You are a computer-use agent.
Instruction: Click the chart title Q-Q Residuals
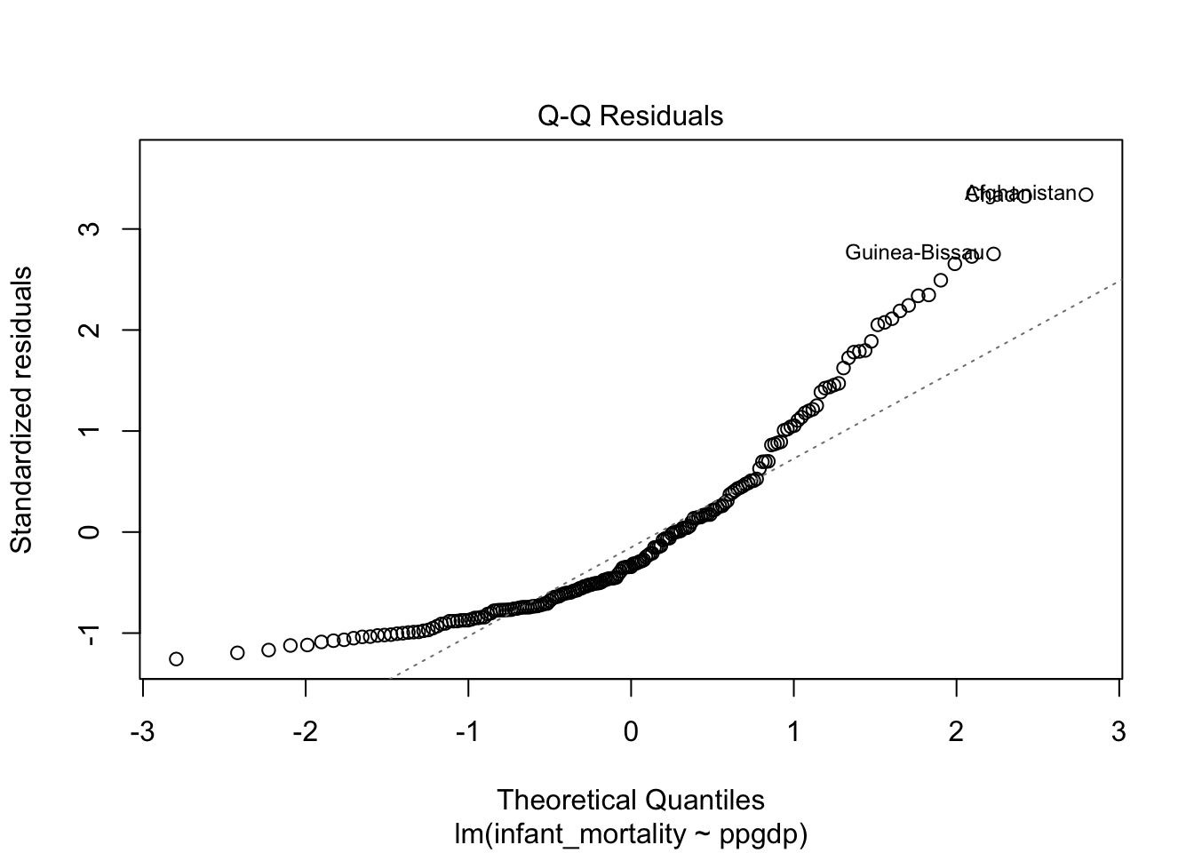(x=630, y=116)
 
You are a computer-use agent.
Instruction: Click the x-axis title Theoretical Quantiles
(x=630, y=800)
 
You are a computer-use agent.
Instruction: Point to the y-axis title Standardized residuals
(x=21, y=409)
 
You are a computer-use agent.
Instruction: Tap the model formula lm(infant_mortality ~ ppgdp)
(x=630, y=834)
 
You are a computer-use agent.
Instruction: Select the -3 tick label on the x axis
(x=141, y=732)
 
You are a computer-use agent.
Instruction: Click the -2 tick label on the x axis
(x=304, y=732)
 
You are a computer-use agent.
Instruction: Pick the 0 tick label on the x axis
(x=631, y=732)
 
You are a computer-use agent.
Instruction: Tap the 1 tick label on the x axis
(x=793, y=732)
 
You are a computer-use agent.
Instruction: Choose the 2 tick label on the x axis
(x=956, y=732)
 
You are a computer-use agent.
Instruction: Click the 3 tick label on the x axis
(x=1118, y=732)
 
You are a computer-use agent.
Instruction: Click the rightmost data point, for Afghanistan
(x=1086, y=194)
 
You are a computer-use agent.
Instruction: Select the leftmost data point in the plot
(x=176, y=658)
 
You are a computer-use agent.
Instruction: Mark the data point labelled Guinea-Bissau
(x=993, y=253)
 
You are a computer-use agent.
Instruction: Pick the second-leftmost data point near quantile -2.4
(x=237, y=652)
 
